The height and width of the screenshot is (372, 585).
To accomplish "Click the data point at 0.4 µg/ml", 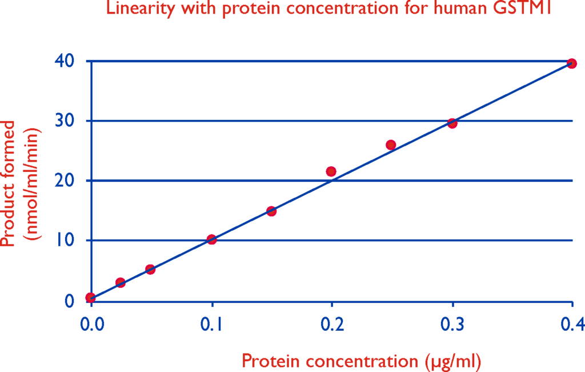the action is [571, 63].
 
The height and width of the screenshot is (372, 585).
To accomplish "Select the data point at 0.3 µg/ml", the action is [452, 123].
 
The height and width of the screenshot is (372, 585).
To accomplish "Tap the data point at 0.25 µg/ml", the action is [391, 145].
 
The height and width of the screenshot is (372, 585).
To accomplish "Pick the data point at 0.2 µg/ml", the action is [331, 171].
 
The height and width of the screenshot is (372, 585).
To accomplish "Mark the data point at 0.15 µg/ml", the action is [271, 211].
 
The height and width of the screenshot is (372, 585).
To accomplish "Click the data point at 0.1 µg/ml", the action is [211, 239].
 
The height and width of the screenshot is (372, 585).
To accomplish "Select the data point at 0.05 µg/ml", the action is [150, 269].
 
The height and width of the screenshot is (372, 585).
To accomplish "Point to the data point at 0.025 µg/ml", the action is [120, 282].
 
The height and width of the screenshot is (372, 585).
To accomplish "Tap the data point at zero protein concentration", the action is [90, 297].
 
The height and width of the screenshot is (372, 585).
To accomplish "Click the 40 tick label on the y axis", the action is [65, 61].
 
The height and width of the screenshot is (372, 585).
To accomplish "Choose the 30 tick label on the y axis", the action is [65, 121].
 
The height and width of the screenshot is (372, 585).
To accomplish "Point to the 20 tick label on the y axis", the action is [65, 180].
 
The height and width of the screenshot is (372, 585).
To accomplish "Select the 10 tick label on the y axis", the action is [65, 240].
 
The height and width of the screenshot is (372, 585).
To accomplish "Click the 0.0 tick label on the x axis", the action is [92, 325].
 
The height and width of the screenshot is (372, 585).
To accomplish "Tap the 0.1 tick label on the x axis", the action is [211, 325].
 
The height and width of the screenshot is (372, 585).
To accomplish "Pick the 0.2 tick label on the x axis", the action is [332, 325].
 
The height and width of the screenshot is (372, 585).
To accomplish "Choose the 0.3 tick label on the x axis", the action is [452, 325].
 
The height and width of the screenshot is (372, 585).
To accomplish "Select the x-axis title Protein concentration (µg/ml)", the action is [361, 361].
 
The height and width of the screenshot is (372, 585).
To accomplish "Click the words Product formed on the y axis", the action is [8, 183].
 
